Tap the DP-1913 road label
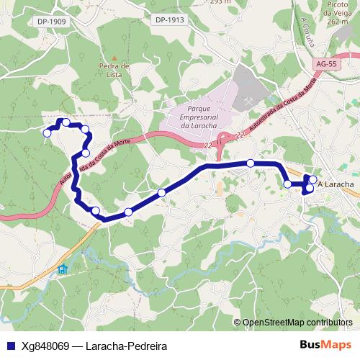(x=171, y=19)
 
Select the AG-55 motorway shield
(x=325, y=64)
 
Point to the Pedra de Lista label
(x=114, y=68)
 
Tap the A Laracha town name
(x=336, y=184)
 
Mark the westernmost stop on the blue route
(x=48, y=132)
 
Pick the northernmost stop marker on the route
(x=66, y=122)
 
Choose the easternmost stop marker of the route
(x=312, y=179)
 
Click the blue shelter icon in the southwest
(x=63, y=269)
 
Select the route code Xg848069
(x=45, y=345)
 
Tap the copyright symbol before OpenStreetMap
(x=238, y=322)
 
